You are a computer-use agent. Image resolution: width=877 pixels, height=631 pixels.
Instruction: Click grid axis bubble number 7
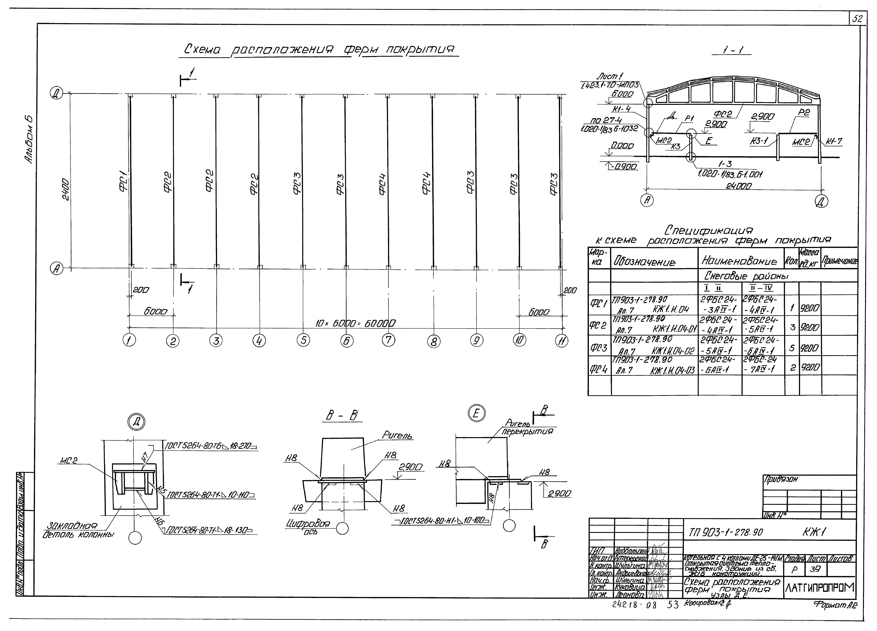click(x=388, y=340)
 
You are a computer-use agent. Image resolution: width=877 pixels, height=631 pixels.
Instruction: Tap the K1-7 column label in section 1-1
click(x=834, y=142)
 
